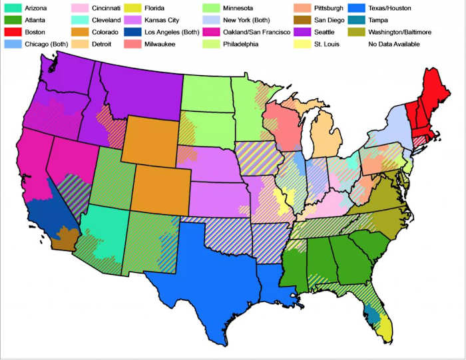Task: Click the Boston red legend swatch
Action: pyautogui.click(x=11, y=33)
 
